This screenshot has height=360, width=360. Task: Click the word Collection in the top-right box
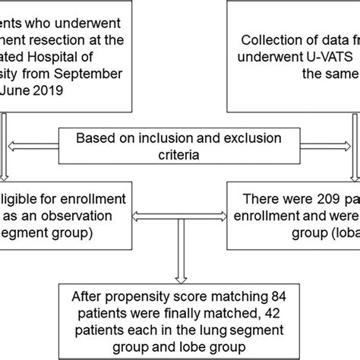click(267, 41)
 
